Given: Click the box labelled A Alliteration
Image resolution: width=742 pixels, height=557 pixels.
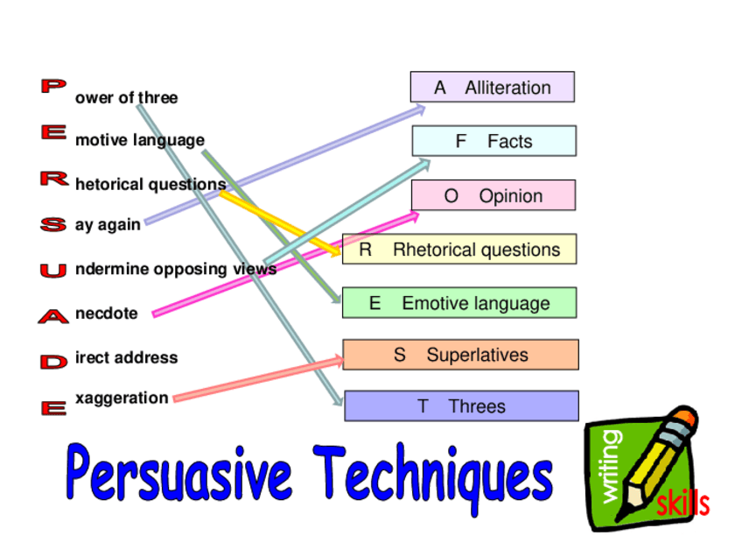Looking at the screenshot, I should click(493, 88).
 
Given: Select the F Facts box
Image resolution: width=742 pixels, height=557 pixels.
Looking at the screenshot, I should click(494, 141).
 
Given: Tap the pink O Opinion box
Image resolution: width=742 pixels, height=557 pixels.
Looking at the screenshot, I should click(493, 195).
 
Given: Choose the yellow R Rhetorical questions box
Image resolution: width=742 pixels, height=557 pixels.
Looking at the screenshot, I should click(459, 250).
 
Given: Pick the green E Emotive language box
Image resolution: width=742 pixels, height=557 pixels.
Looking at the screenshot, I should click(459, 303).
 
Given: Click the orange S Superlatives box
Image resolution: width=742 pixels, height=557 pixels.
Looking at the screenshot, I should click(460, 355).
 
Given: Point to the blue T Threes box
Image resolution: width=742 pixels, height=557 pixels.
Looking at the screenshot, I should click(461, 406).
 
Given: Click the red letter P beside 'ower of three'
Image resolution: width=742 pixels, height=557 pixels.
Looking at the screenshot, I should click(52, 86).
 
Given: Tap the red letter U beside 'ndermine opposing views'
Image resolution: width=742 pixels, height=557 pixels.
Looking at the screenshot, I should click(52, 271).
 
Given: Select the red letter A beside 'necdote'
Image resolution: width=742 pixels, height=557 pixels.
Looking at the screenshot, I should click(52, 317).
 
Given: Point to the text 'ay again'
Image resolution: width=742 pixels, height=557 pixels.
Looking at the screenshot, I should click(108, 225).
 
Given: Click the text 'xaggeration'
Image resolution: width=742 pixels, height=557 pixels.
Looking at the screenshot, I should click(122, 398).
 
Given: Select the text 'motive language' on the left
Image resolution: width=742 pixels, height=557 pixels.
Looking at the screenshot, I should click(139, 140).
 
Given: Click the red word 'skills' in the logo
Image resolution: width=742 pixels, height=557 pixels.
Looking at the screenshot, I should click(682, 504).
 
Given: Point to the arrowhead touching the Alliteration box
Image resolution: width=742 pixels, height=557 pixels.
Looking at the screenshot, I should click(419, 109).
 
